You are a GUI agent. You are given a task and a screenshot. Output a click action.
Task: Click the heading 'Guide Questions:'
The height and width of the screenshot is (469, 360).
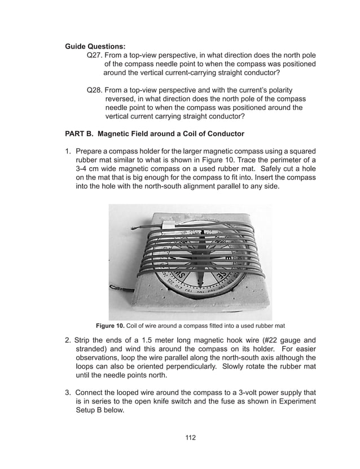pyautogui.click(x=95, y=46)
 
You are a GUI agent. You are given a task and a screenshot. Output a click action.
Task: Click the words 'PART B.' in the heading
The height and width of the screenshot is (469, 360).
pyautogui.click(x=82, y=134)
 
